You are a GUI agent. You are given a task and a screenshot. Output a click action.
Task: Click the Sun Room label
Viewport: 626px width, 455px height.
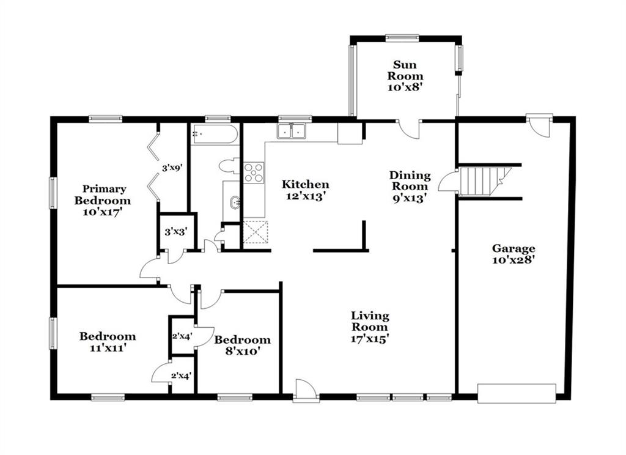(x=405, y=76)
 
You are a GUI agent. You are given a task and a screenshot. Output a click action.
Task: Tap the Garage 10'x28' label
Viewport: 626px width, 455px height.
(x=514, y=254)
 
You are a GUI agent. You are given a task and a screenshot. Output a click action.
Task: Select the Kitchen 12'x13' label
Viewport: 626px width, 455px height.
(x=306, y=190)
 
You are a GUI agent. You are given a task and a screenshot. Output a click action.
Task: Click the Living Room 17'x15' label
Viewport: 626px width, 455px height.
(x=370, y=327)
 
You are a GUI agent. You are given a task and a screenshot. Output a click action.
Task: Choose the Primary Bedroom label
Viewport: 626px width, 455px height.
(x=103, y=200)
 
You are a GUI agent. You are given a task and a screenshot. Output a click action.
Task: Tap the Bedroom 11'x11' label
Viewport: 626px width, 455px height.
(x=108, y=342)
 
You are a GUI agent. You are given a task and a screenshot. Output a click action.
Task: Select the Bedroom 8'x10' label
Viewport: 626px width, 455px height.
(x=242, y=346)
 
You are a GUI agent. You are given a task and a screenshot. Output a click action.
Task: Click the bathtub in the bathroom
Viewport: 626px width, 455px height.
(x=215, y=134)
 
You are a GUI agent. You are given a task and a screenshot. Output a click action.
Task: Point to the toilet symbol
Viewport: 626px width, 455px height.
(x=229, y=166)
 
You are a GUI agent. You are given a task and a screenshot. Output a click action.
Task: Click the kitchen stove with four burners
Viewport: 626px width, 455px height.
(x=254, y=172)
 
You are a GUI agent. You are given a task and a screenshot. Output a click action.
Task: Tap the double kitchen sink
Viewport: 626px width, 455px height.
(x=292, y=131)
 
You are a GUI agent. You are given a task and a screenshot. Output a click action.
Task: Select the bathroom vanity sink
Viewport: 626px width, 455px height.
(x=235, y=202)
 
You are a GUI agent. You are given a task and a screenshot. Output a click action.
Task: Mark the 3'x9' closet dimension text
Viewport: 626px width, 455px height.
(x=172, y=168)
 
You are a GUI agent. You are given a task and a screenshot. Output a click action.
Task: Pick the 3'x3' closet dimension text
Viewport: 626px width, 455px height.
(x=175, y=231)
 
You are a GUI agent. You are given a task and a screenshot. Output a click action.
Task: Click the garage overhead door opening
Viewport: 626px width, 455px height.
(x=517, y=393)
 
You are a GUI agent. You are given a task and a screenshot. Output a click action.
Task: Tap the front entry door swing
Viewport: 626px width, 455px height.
(x=306, y=388)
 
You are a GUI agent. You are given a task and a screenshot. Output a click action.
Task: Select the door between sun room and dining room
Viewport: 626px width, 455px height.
(x=410, y=130)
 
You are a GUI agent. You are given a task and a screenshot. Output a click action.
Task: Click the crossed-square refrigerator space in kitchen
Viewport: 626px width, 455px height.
(x=256, y=232)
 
